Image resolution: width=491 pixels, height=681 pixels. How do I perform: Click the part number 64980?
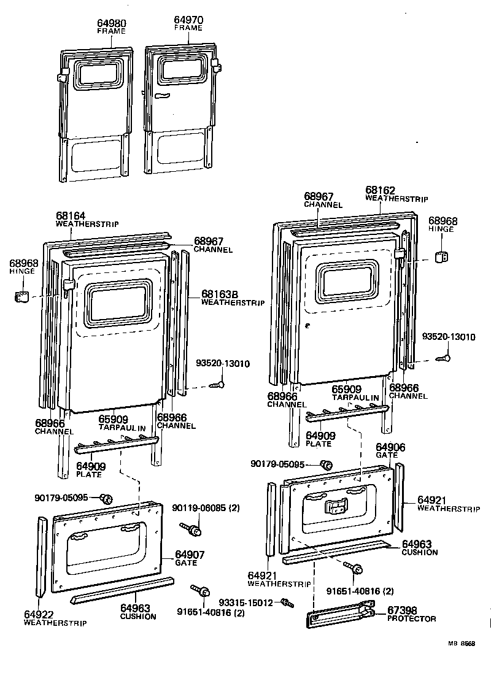point(111,24)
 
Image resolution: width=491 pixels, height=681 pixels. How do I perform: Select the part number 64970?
point(188,20)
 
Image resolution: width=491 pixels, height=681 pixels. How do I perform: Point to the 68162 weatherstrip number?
point(381,191)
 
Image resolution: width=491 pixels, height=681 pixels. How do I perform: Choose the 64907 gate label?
point(190,555)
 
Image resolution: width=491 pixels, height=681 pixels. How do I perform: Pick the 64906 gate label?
point(390,448)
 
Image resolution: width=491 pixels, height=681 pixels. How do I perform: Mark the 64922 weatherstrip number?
point(39,614)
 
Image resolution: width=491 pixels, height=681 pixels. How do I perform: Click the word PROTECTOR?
point(411,618)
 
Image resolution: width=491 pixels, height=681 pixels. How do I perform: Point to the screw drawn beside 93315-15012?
point(285,603)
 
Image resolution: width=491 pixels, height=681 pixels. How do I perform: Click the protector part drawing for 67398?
point(341,615)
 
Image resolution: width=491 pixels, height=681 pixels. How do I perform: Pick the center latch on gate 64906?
point(336,507)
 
